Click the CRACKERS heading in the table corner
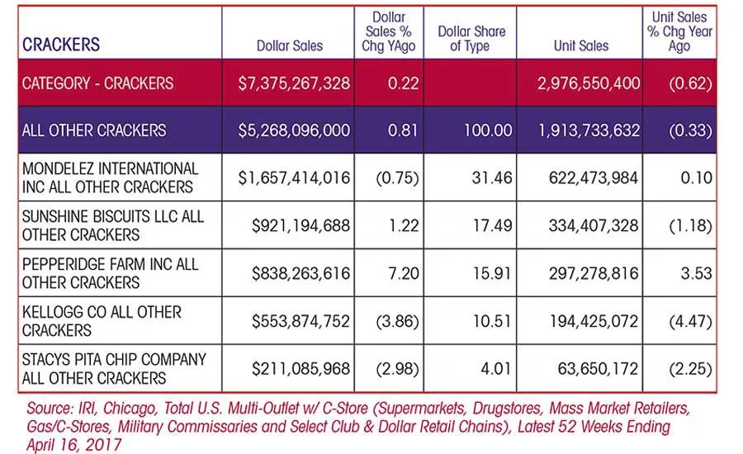point(61,45)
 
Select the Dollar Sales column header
point(290,46)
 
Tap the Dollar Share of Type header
point(471,39)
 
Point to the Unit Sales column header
point(581,46)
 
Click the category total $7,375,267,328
point(294,83)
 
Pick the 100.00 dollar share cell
point(488,130)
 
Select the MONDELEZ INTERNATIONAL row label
point(111,177)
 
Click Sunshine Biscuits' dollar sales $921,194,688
point(301,225)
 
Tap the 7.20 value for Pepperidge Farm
point(403,273)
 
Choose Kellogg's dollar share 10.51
point(492,321)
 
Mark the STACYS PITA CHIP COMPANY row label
point(114,369)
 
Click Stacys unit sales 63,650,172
point(598,369)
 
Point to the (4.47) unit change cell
point(690,322)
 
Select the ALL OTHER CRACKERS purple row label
point(94,130)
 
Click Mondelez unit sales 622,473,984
point(594,178)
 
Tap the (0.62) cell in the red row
point(690,84)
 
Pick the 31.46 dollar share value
point(492,178)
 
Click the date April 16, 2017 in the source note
point(74,445)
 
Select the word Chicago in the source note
point(130,409)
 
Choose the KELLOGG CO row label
point(102,321)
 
